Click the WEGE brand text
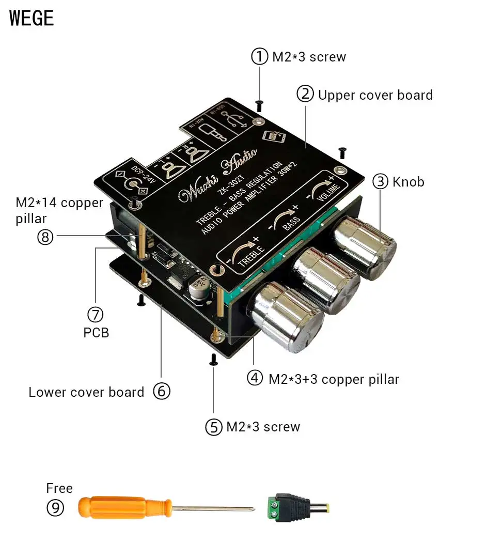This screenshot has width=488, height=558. point(32,18)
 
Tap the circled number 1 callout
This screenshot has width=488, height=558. point(260,56)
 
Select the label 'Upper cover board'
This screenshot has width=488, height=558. point(375,95)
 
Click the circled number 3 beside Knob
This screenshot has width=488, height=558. point(381,181)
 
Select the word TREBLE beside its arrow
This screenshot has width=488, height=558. point(251,253)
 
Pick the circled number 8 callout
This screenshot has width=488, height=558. point(45,237)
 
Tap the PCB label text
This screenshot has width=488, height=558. point(96,332)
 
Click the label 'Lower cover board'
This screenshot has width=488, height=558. point(86,392)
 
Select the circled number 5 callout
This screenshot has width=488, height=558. point(213,427)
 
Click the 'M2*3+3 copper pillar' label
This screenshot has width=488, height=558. point(334,379)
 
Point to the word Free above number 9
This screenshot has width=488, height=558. point(59,488)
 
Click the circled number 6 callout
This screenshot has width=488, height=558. point(162,392)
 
